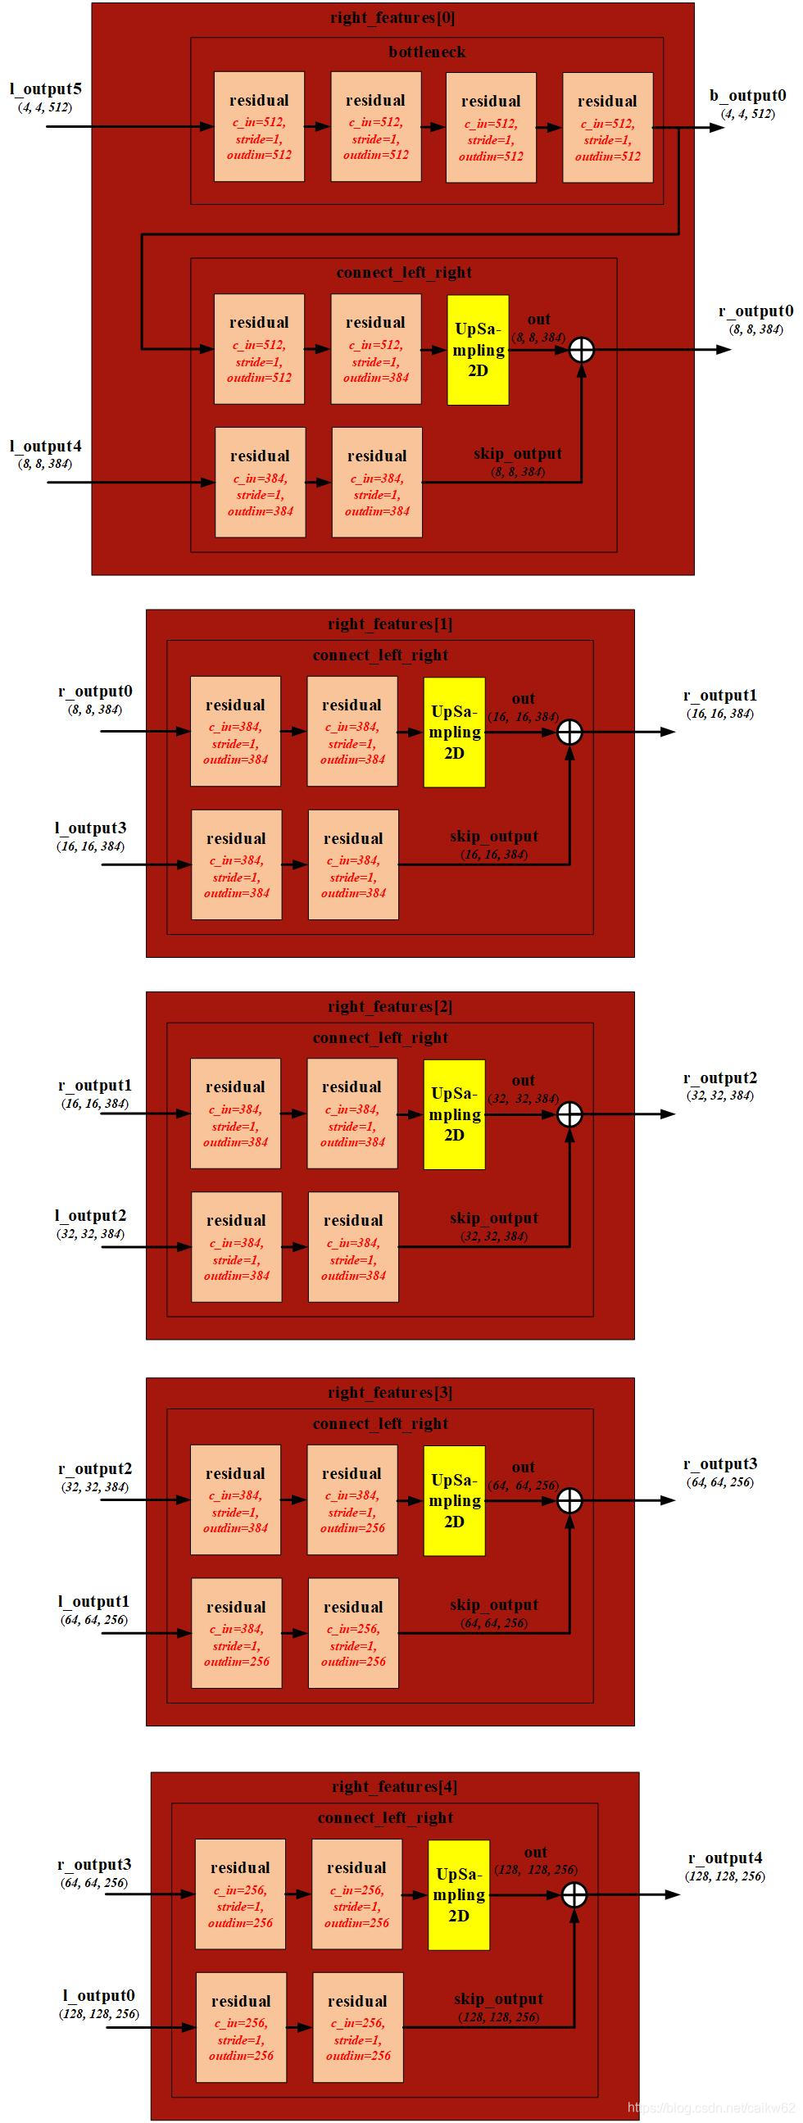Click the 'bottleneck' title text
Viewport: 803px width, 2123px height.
(x=427, y=52)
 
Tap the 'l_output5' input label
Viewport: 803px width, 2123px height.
(x=45, y=89)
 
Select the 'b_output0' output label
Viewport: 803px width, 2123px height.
(x=748, y=96)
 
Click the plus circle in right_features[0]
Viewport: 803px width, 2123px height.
(x=582, y=350)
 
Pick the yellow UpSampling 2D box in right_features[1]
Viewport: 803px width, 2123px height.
(x=454, y=732)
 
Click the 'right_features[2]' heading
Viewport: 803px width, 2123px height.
(x=390, y=1006)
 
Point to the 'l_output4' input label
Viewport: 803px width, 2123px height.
(x=45, y=447)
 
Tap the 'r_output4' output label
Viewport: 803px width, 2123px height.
(x=725, y=1858)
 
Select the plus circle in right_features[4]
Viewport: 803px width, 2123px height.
(x=574, y=1894)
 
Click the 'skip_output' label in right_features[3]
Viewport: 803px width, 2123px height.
(x=494, y=1604)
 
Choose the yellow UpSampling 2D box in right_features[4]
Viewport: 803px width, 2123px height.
(x=458, y=1894)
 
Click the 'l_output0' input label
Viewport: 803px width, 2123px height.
(x=99, y=1995)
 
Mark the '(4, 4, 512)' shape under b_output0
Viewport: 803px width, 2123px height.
(x=748, y=114)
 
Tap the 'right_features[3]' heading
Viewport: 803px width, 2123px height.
(x=390, y=1392)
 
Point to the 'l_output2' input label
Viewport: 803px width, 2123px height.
(x=91, y=1216)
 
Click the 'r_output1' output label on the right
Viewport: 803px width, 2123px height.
(x=719, y=696)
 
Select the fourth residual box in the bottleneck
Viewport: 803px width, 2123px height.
(x=608, y=127)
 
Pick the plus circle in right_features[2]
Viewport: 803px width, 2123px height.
(x=569, y=1114)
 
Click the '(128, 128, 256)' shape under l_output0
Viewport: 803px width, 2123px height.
(x=99, y=2013)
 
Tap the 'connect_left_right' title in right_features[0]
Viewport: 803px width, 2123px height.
(x=404, y=273)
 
